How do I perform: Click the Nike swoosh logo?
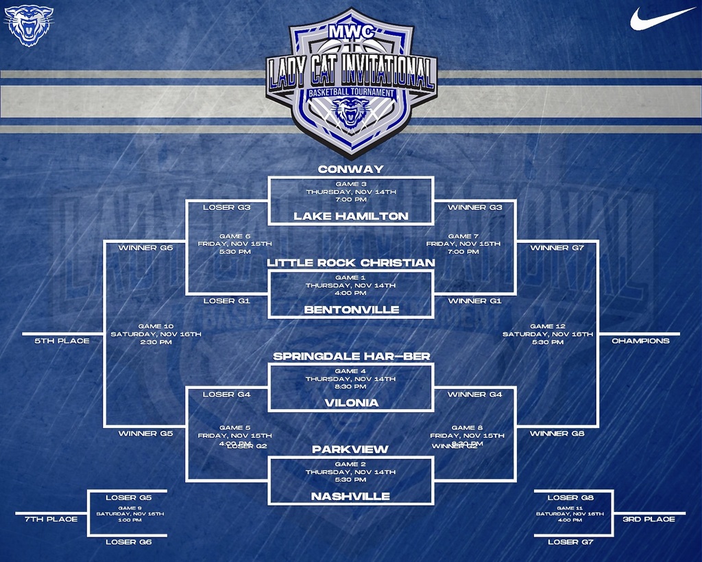pyautogui.click(x=662, y=18)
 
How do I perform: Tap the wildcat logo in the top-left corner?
pyautogui.click(x=28, y=25)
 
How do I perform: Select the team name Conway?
pyautogui.click(x=350, y=169)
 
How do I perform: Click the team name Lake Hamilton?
pyautogui.click(x=350, y=216)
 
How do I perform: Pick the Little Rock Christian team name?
pyautogui.click(x=350, y=263)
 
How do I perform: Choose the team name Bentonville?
pyautogui.click(x=350, y=310)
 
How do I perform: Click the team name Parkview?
pyautogui.click(x=350, y=449)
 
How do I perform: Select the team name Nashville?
pyautogui.click(x=350, y=496)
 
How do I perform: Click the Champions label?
pyautogui.click(x=640, y=340)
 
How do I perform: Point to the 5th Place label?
pyautogui.click(x=62, y=340)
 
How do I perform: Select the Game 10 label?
pyautogui.click(x=156, y=327)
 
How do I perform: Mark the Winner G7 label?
pyautogui.click(x=557, y=248)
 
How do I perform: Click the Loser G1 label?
pyautogui.click(x=226, y=301)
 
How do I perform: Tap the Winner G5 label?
pyautogui.click(x=145, y=434)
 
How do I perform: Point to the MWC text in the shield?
pyautogui.click(x=351, y=32)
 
